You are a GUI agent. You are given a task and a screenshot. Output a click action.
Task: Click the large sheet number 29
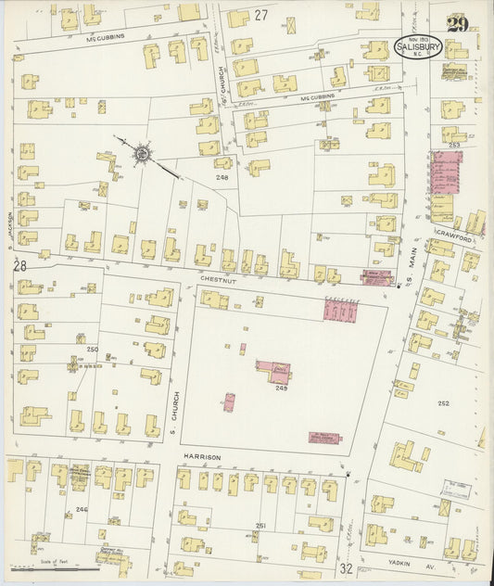pos(455,24)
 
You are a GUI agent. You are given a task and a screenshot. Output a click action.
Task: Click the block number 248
pos(222,176)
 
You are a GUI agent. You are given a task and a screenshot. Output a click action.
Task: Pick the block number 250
pos(92,350)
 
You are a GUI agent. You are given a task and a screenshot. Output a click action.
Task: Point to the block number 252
pos(443,403)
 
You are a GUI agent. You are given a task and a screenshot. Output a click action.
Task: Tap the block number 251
pos(260,526)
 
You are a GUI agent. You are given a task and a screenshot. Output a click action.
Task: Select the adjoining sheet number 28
pos(19,267)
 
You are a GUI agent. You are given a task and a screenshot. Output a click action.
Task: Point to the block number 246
pos(82,509)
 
